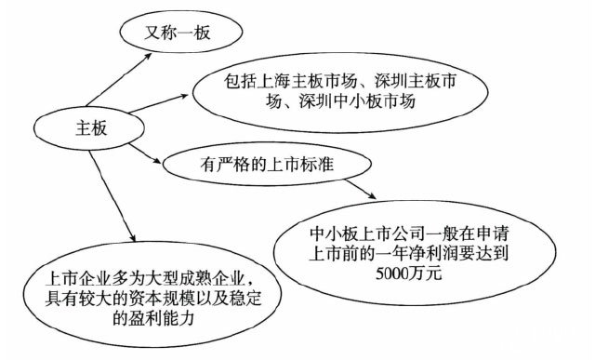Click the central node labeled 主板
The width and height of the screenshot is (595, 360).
tap(81, 128)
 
